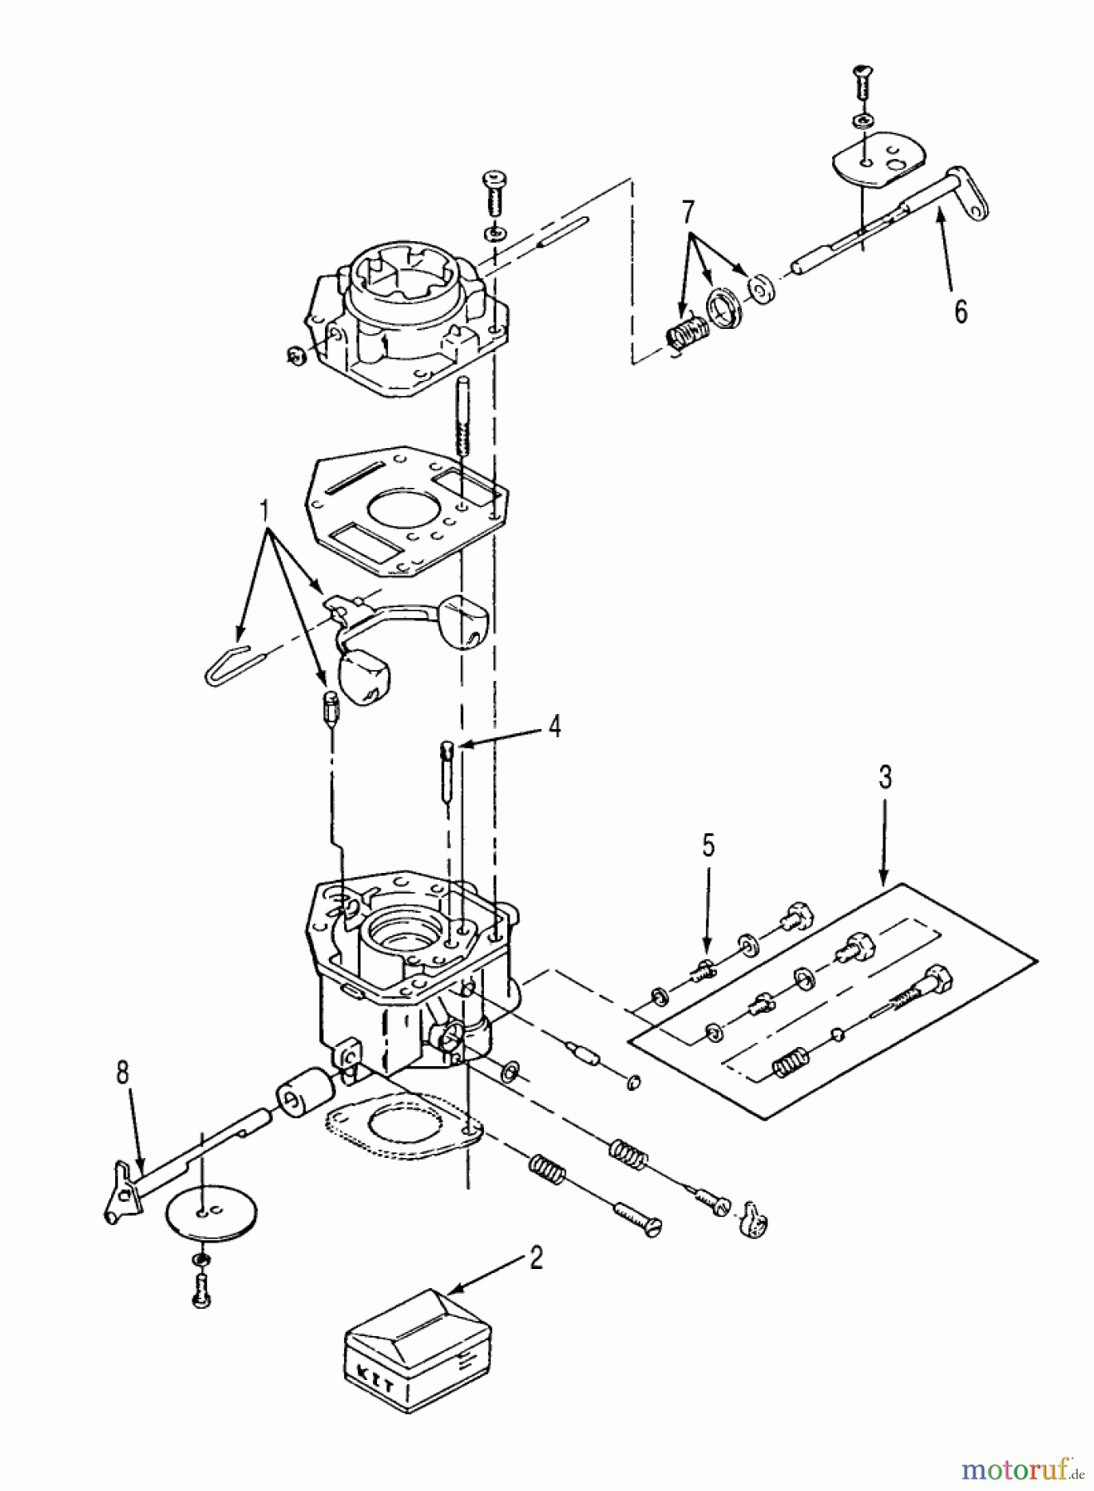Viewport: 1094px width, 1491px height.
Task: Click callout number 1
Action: tap(267, 513)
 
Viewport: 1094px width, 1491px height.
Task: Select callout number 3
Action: tap(885, 779)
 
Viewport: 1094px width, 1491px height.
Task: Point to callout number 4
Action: tap(554, 727)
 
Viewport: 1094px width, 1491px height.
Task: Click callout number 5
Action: tap(707, 846)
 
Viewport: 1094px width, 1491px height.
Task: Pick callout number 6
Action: tap(961, 311)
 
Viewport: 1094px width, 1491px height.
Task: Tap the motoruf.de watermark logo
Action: tap(1023, 1470)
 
